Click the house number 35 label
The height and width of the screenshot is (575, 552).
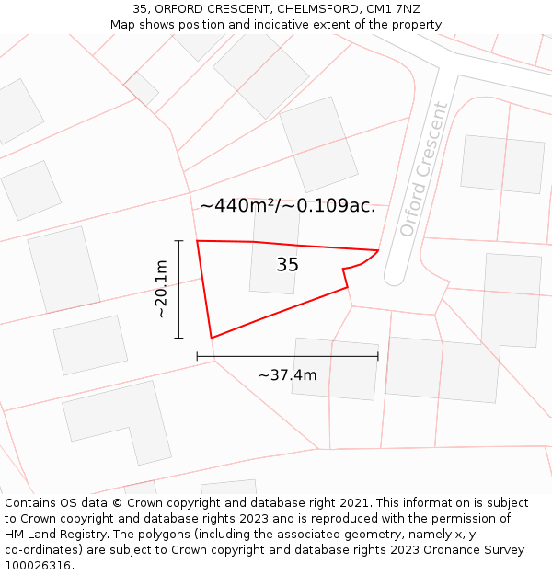point(287,265)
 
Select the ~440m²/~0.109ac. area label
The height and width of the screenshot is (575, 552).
point(287,206)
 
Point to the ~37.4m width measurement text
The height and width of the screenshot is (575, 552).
point(287,375)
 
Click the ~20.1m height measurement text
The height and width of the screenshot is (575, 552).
point(161,290)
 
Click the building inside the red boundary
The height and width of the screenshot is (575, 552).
point(274,267)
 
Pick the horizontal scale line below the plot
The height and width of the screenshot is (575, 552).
point(287,356)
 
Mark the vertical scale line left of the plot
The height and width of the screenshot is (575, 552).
point(178,289)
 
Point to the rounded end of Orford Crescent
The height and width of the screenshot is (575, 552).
point(394,277)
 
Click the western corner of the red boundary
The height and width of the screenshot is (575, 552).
point(198,241)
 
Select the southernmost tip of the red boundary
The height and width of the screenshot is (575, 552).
point(212,338)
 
